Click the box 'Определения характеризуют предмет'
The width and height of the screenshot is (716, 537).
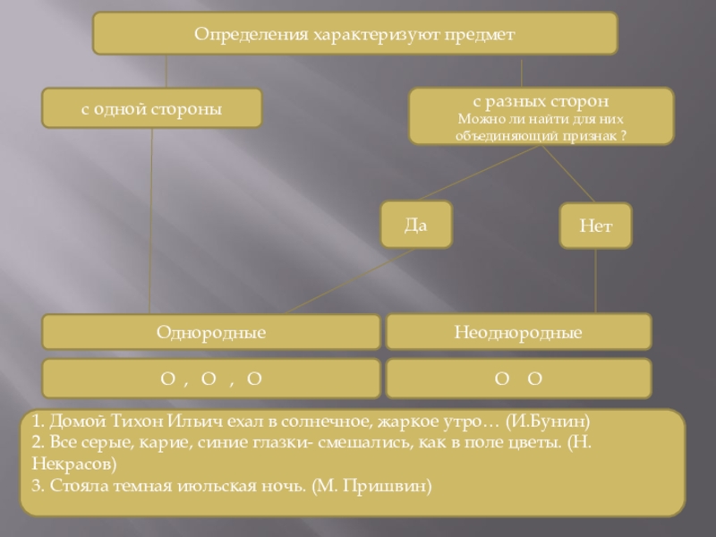pos(355,33)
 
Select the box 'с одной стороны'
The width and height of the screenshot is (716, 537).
pos(152,107)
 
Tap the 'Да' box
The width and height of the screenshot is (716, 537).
pos(415,224)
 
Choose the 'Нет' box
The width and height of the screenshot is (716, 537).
pos(595,226)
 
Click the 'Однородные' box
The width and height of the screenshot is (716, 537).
pos(211,332)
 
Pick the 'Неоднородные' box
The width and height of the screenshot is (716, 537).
pos(518,332)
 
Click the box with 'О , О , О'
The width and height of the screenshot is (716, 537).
pos(211,379)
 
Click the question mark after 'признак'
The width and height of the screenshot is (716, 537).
pos(623,134)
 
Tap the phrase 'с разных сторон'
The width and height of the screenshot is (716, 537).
pos(541,102)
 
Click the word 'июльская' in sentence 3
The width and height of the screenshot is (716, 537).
pos(202,487)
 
